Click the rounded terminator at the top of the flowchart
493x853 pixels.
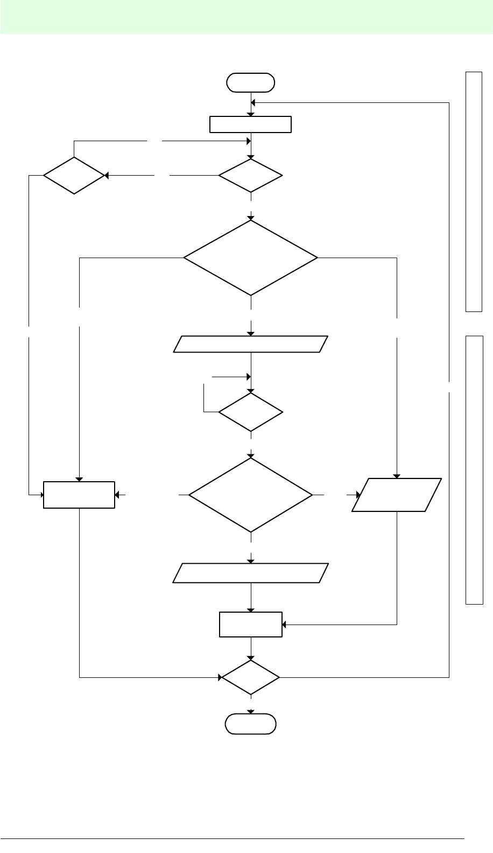pyautogui.click(x=251, y=82)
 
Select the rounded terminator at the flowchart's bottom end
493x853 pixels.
pyautogui.click(x=251, y=724)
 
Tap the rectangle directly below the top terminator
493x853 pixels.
pyautogui.click(x=251, y=124)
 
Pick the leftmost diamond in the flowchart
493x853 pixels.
pyautogui.click(x=74, y=176)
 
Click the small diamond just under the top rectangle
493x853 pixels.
pyautogui.click(x=251, y=176)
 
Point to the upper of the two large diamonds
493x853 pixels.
pyautogui.click(x=251, y=258)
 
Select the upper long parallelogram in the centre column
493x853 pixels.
pyautogui.click(x=251, y=344)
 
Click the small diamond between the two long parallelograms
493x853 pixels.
pyautogui.click(x=251, y=412)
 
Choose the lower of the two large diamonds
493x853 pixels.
pyautogui.click(x=251, y=495)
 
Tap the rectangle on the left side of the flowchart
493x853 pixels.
pyautogui.click(x=79, y=494)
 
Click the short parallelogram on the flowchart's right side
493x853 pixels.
pyautogui.click(x=397, y=494)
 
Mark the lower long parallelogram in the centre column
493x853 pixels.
pyautogui.click(x=251, y=573)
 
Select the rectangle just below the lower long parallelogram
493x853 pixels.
pyautogui.click(x=251, y=625)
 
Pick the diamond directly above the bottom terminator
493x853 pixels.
pyautogui.click(x=251, y=677)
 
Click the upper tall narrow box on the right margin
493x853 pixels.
pyautogui.click(x=474, y=191)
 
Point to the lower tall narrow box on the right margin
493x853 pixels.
pyautogui.click(x=474, y=469)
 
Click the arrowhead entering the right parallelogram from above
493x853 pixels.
pyautogui.click(x=397, y=476)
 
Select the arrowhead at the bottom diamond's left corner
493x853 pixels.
pyautogui.click(x=220, y=677)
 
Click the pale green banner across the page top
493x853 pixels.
pyautogui.click(x=246, y=17)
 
